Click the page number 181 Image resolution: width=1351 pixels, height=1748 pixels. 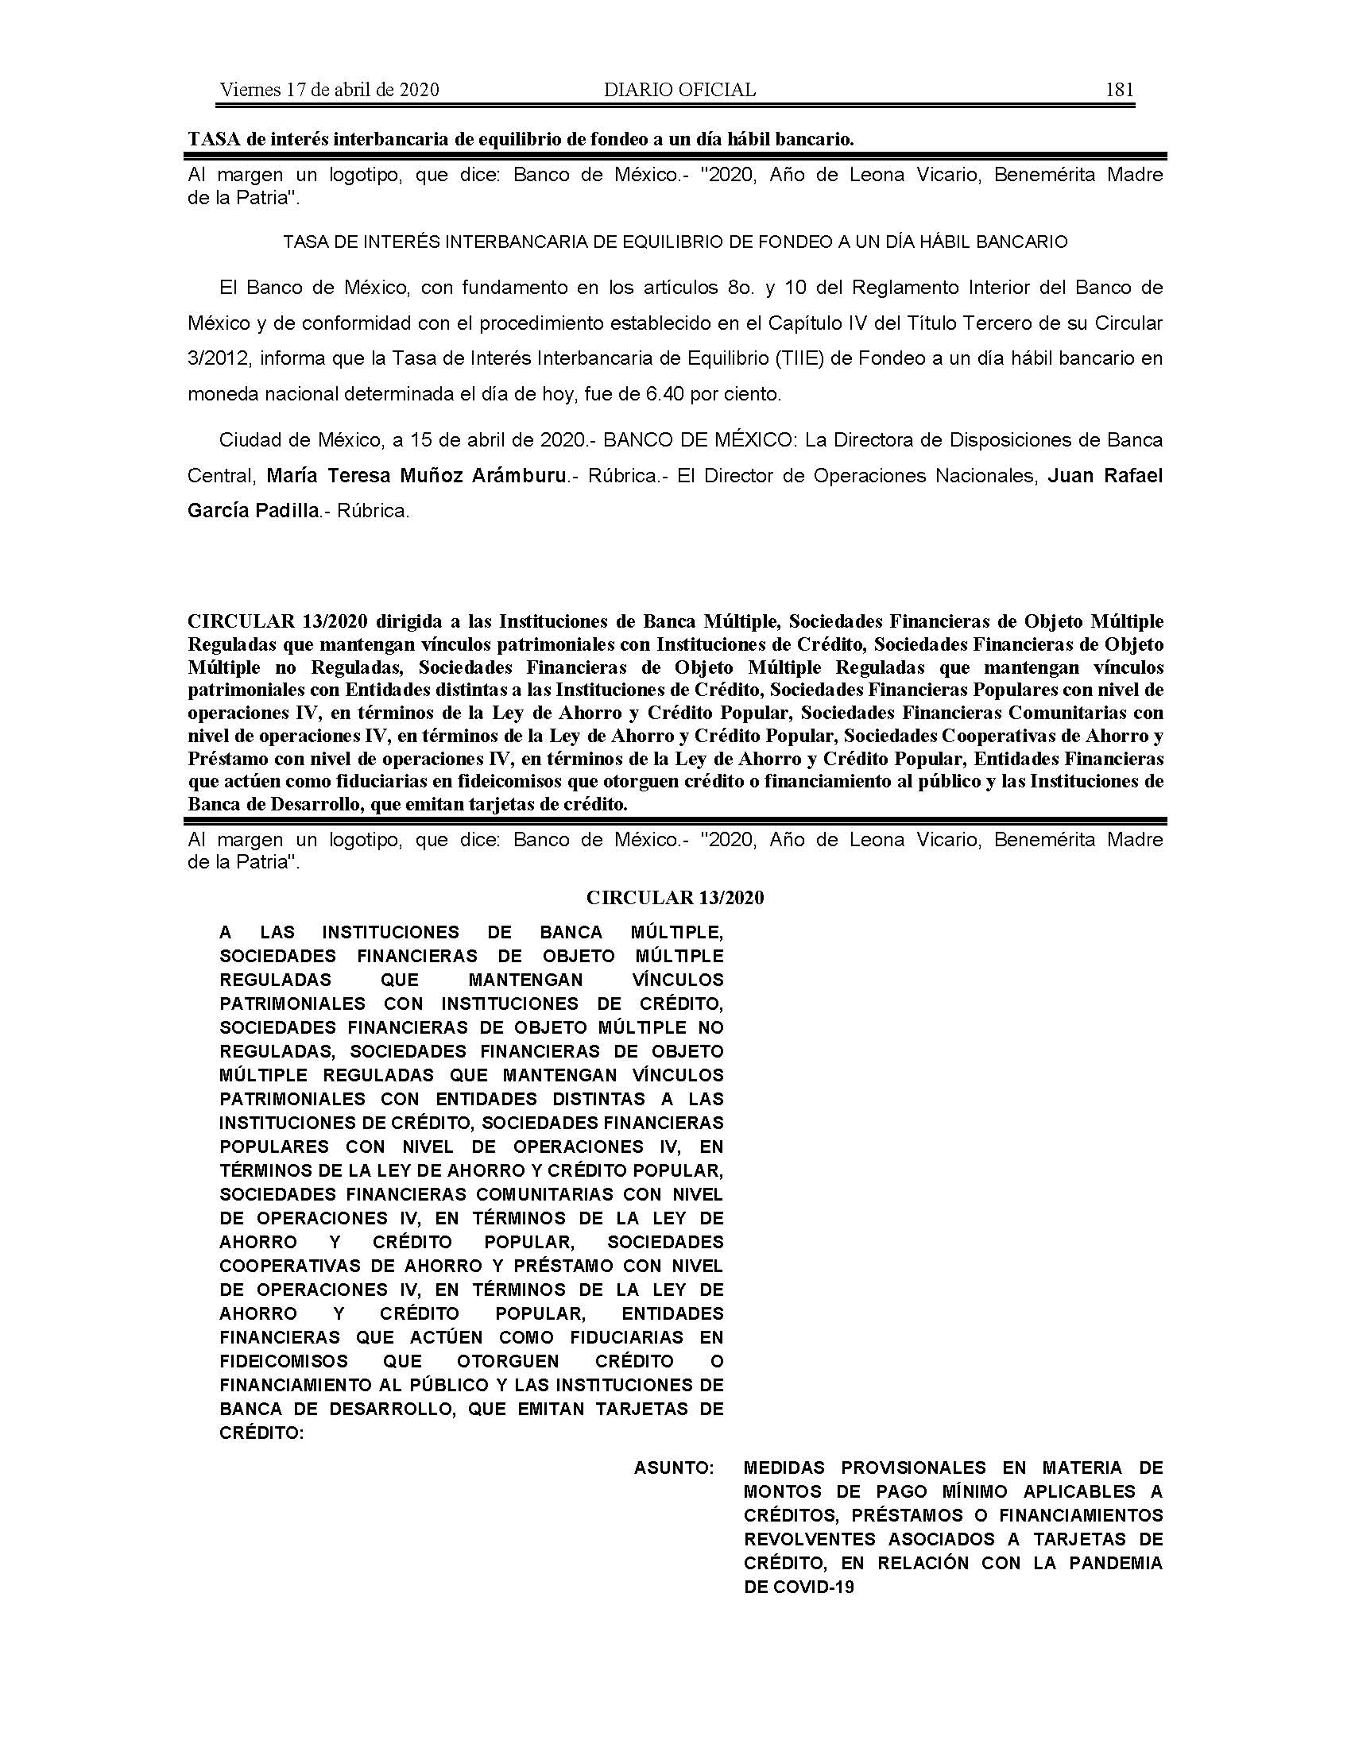coord(1119,90)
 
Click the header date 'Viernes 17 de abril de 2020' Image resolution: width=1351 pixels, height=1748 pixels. coord(329,90)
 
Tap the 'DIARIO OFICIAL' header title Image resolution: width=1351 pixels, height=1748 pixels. coord(679,90)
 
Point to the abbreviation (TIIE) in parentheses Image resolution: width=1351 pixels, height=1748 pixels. coord(800,358)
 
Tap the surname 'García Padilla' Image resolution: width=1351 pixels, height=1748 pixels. coord(253,511)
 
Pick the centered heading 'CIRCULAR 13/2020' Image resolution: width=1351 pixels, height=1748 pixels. coord(675,898)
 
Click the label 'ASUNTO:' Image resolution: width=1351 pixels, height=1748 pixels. coord(674,1468)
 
